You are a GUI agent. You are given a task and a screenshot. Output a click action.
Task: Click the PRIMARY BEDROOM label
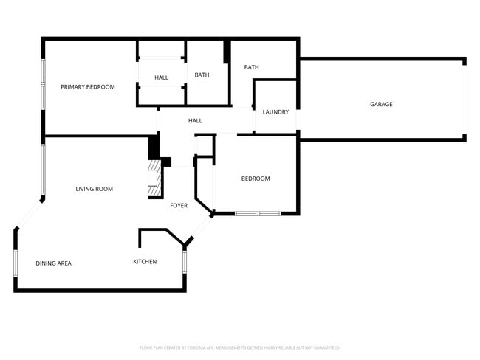click(88, 87)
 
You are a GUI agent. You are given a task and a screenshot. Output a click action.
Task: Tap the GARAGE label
click(381, 104)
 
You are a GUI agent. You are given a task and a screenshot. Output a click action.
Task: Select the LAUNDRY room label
click(275, 112)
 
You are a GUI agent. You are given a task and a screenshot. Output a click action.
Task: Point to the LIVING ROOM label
click(95, 189)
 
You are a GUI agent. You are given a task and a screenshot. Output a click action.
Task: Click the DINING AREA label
click(53, 263)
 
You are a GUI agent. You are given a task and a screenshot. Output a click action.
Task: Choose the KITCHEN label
click(145, 262)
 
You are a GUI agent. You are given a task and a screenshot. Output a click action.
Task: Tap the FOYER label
click(179, 205)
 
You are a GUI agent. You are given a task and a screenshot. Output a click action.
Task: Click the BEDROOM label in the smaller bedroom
click(256, 179)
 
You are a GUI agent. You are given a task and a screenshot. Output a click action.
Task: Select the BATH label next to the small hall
click(202, 75)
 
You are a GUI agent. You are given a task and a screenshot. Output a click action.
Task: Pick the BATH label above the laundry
click(252, 68)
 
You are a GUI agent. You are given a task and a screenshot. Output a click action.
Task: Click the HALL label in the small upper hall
click(161, 77)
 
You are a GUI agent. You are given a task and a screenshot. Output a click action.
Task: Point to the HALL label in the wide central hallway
click(195, 121)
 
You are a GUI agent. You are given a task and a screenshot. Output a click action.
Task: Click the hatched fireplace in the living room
click(154, 181)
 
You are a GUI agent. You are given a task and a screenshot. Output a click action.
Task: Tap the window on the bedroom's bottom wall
click(258, 213)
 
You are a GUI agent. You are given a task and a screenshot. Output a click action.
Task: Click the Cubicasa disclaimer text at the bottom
click(239, 347)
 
